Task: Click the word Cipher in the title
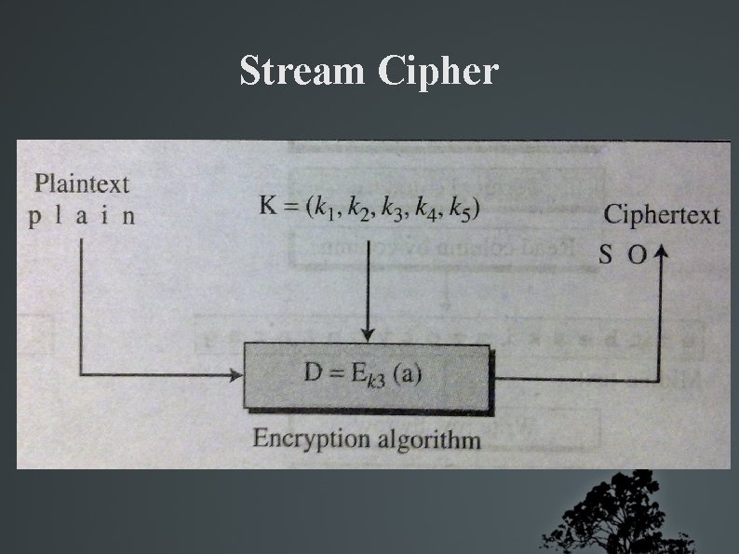438,72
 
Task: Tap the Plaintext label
82,183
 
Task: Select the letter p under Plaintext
34,218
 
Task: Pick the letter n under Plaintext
128,217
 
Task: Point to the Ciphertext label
662,214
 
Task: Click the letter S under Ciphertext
605,254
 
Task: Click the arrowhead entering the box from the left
235,375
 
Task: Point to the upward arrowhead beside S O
661,254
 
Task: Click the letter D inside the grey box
314,374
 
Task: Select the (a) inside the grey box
407,375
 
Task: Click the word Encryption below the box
311,439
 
